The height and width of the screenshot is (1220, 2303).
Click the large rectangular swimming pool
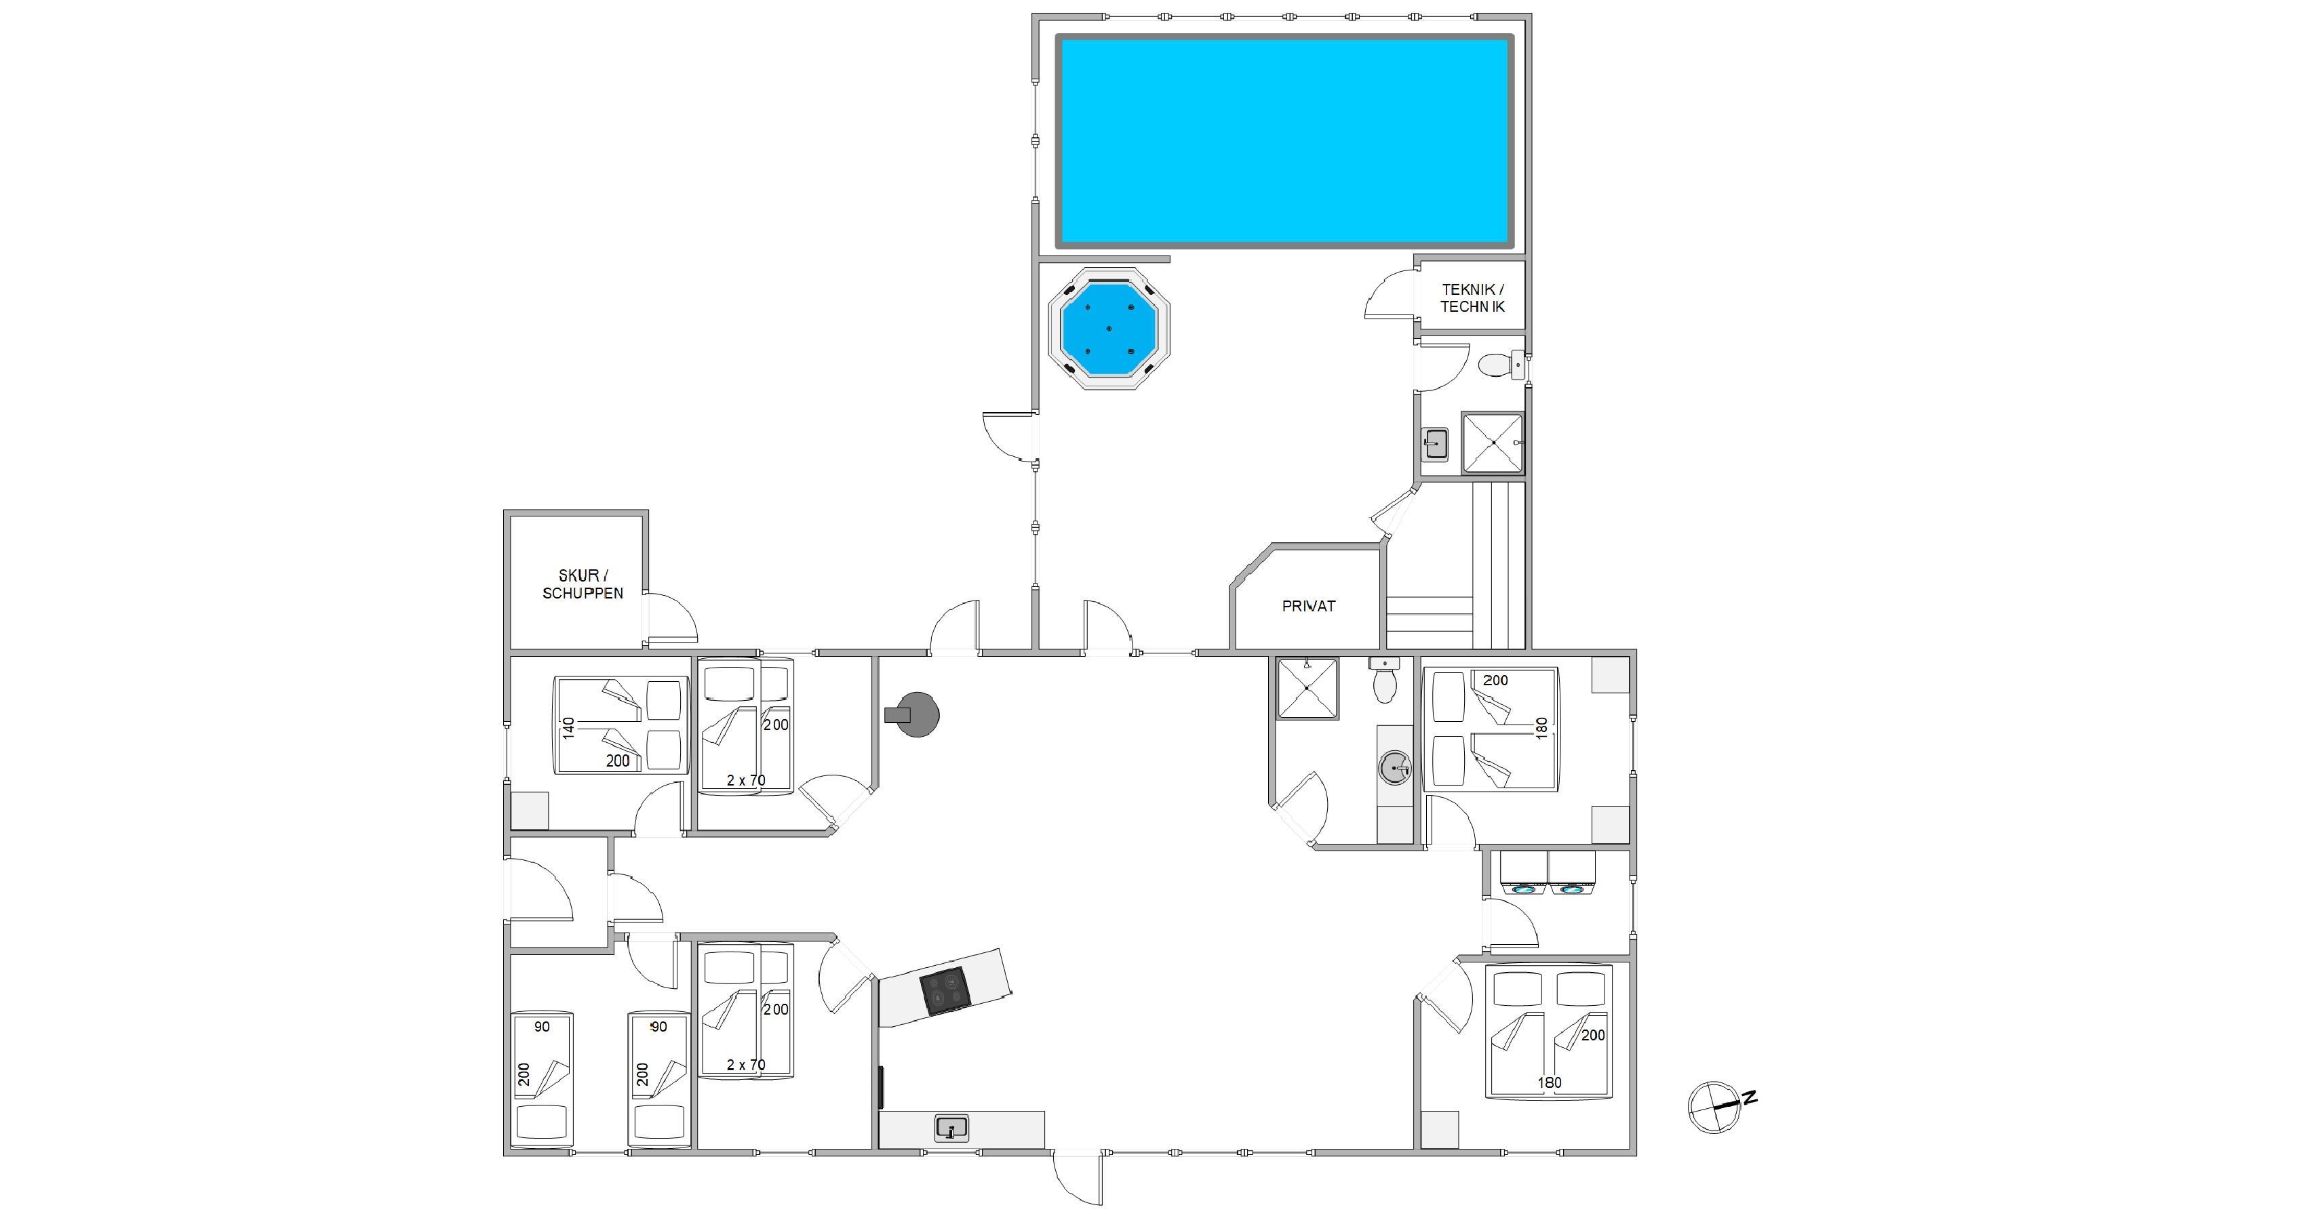(1284, 141)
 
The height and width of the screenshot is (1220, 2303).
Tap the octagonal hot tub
(1109, 328)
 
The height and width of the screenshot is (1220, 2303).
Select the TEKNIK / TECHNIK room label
(1472, 298)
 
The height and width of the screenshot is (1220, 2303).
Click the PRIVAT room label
(1309, 606)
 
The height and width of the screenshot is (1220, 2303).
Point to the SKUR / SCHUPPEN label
(583, 584)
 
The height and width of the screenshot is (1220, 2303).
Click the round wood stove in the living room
(913, 714)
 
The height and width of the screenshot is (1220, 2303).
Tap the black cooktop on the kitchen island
(945, 991)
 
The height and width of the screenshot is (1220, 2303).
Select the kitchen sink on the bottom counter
(951, 1128)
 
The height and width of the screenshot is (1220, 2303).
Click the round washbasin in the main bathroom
(1396, 767)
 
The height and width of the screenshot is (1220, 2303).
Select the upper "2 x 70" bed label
(745, 780)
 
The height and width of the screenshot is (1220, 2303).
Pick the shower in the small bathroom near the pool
(1492, 443)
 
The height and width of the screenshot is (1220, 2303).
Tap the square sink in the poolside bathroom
(1435, 444)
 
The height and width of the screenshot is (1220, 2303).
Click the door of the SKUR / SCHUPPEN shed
(671, 617)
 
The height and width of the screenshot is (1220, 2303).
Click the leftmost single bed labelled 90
(541, 1079)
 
